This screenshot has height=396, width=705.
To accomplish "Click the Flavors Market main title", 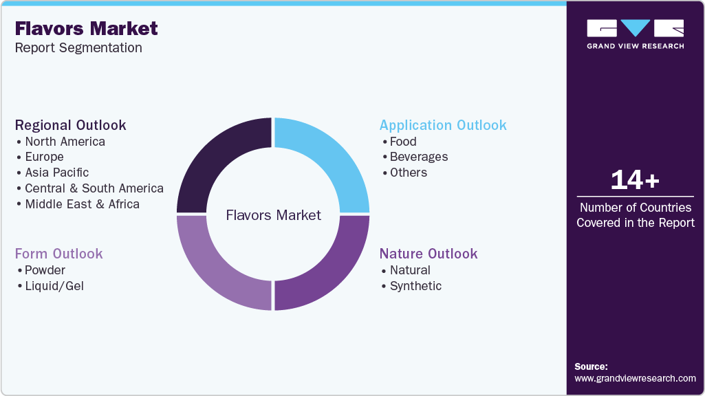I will [x=86, y=28].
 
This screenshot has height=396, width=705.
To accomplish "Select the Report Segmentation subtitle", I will [x=78, y=47].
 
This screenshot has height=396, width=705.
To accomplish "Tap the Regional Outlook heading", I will [x=71, y=125].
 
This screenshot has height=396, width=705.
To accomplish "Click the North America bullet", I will [x=65, y=142].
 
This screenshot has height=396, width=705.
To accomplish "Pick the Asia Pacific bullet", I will [x=56, y=173].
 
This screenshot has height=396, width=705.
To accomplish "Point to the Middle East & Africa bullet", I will [x=82, y=204].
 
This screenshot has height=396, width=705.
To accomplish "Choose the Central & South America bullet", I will [x=94, y=188].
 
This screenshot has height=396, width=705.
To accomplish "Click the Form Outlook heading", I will [x=59, y=254].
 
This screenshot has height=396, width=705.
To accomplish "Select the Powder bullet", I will [x=45, y=270].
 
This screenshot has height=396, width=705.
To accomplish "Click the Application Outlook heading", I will [x=443, y=125].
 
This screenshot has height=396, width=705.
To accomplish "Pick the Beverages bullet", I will [x=418, y=157].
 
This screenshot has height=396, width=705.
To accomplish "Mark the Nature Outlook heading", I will [x=429, y=254].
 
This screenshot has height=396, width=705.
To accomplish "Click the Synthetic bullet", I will [x=415, y=286].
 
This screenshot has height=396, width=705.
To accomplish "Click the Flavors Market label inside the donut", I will [x=274, y=216].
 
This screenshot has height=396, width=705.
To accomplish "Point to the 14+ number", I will [x=635, y=180].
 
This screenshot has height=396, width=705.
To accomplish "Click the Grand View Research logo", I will [x=635, y=34].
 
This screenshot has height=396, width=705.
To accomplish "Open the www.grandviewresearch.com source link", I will [x=635, y=378].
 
